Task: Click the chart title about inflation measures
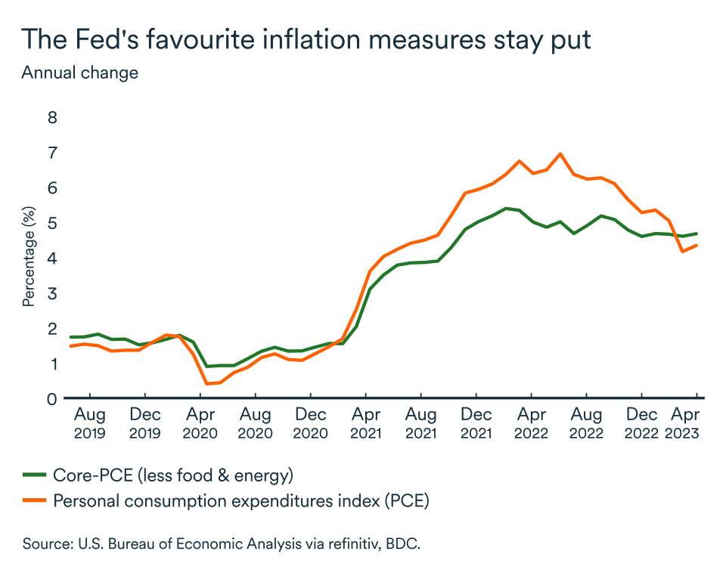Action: coord(306,39)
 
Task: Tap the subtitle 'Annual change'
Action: coord(79,73)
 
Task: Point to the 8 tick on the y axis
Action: coord(52,117)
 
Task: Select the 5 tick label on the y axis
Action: coord(52,223)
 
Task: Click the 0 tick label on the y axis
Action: coord(52,398)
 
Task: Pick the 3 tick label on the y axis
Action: coord(52,293)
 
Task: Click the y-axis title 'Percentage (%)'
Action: coord(29,258)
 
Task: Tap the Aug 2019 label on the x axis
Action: coord(90,423)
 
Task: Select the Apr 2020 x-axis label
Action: coord(200,423)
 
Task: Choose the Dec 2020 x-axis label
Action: coord(311,423)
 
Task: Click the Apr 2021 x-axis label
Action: coord(366,423)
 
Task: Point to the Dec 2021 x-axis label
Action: coord(476,423)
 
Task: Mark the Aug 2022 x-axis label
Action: coord(586,423)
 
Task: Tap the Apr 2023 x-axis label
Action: coord(686,423)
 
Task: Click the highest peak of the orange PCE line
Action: coord(560,153)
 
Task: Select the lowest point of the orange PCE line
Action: coord(206,384)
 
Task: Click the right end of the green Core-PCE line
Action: coord(697,234)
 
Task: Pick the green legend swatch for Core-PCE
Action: coord(34,475)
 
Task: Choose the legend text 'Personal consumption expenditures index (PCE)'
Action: coord(240,500)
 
